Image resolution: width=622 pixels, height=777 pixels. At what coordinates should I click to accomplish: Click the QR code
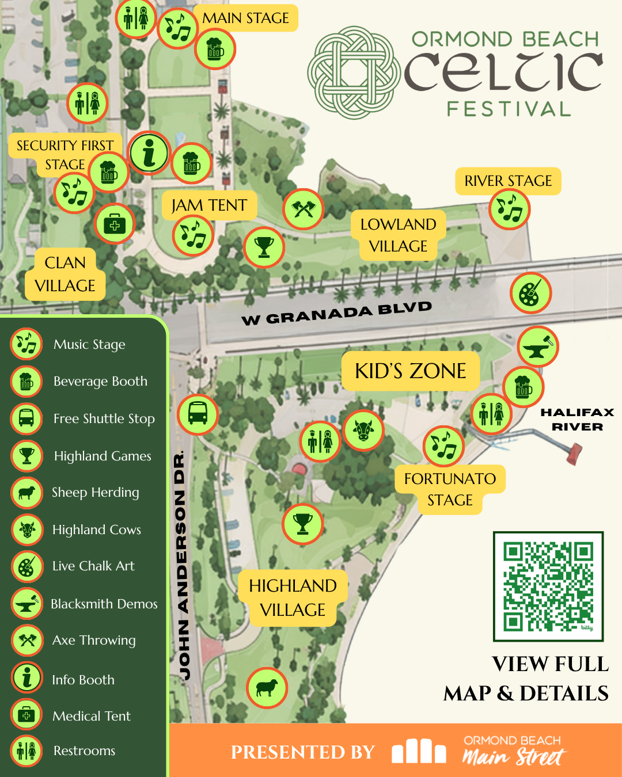(548, 586)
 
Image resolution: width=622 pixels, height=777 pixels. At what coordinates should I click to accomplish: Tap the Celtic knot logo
(353, 73)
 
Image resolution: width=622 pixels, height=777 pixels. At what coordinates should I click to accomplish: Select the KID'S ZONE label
(411, 371)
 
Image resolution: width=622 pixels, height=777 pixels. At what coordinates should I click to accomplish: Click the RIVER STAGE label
(508, 181)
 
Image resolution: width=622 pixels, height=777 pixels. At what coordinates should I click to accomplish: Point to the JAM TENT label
(209, 205)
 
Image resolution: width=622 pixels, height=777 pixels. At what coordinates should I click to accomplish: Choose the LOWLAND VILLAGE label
(399, 235)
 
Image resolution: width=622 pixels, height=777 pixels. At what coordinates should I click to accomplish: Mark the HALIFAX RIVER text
(577, 420)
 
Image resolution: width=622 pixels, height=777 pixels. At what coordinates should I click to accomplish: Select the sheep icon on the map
(267, 688)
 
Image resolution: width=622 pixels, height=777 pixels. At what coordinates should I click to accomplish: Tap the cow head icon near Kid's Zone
(363, 430)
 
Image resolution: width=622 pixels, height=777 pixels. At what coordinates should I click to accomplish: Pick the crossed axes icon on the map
(304, 209)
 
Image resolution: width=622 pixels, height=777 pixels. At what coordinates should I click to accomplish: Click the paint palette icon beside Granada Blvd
(530, 293)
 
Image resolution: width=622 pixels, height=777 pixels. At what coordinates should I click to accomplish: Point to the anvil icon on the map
(538, 347)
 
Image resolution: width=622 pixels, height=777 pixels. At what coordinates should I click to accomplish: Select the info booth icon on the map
(149, 153)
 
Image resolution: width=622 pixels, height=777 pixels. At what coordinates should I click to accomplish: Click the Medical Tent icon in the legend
(26, 715)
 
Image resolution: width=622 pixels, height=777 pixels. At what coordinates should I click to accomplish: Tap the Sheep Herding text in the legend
(96, 493)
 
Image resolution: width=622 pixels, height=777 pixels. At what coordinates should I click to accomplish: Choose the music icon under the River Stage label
(509, 209)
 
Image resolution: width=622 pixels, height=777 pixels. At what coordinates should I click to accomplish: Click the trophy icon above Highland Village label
(302, 524)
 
